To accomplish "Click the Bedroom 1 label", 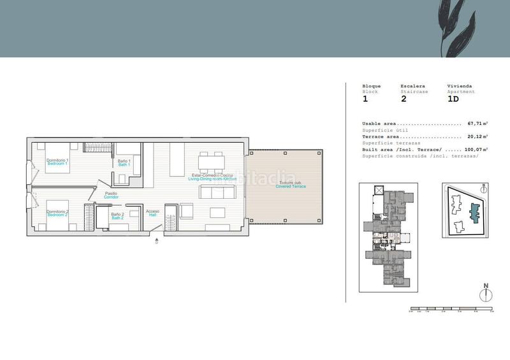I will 57,162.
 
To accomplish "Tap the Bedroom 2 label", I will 57,213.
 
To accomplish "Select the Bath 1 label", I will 124,163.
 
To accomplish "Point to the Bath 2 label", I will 117,216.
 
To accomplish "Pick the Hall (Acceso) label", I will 152,213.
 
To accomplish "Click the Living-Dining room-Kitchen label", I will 212,177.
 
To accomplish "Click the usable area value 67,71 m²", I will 477,124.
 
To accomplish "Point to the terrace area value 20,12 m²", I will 477,136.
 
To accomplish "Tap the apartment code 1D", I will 453,99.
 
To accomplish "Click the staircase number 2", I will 404,99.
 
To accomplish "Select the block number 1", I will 365,99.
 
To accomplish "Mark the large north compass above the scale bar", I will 486,293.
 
